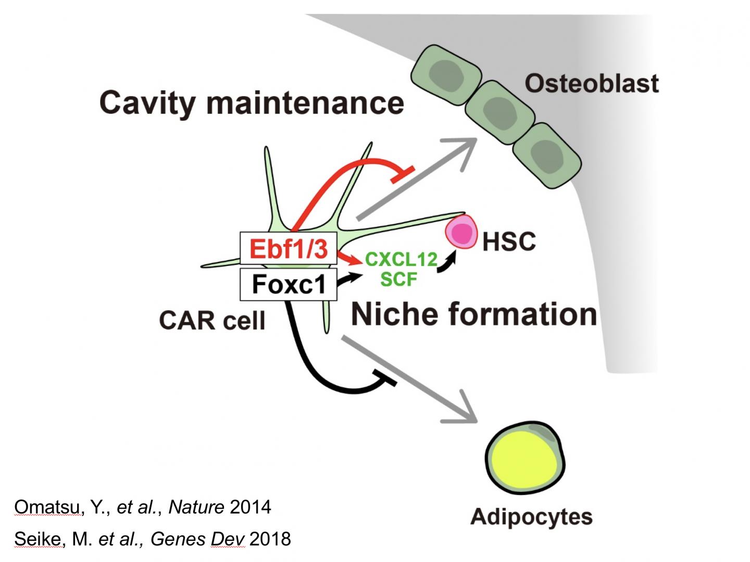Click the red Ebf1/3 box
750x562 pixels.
289,248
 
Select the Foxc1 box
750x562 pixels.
289,284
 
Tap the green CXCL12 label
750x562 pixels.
401,259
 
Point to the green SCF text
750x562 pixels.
399,279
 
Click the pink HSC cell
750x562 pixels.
461,232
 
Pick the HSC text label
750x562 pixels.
509,241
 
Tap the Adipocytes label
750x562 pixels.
531,517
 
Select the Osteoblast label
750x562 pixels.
592,83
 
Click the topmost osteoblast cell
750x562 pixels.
446,74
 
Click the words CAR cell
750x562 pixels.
212,320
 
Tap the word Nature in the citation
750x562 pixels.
196,507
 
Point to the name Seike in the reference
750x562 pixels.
37,539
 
